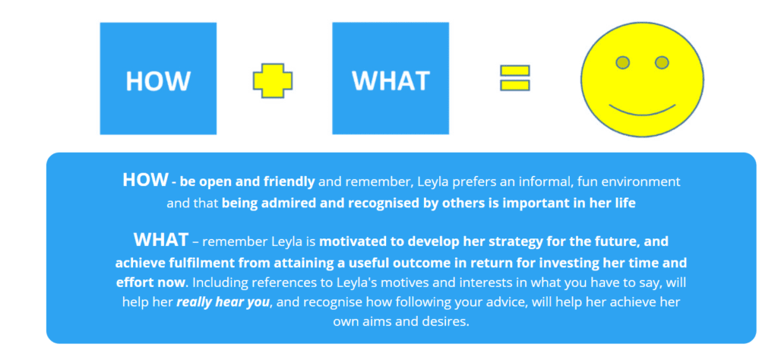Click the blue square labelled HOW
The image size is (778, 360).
point(157,79)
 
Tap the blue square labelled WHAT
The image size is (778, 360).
point(391,79)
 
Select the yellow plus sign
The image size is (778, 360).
point(273,80)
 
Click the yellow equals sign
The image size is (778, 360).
point(514,78)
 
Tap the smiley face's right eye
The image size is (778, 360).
point(662,62)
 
